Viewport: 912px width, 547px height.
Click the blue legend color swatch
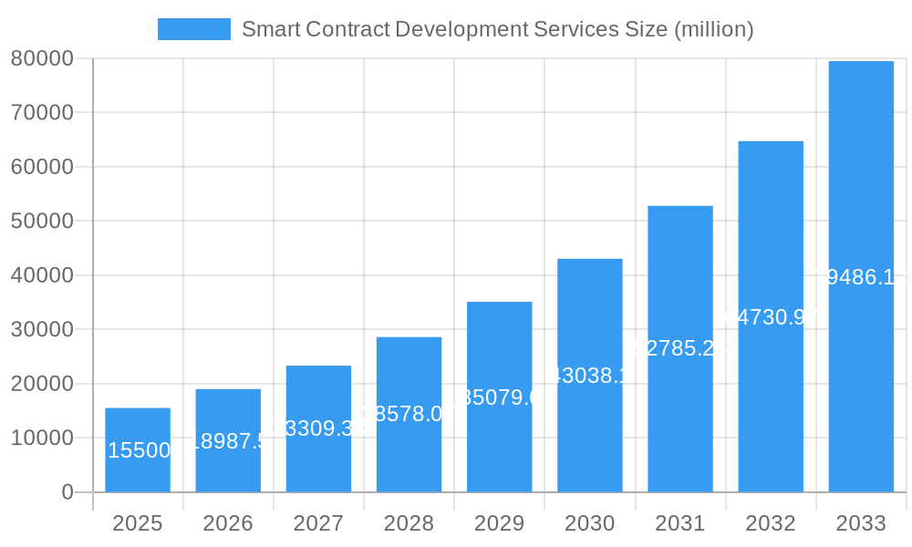pos(193,29)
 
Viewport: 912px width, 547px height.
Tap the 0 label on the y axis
pos(67,492)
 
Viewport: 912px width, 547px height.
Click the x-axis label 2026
pos(228,523)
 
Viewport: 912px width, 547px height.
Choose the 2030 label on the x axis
pos(589,523)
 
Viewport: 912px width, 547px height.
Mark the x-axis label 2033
pos(861,523)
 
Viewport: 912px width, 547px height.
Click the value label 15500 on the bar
pos(138,450)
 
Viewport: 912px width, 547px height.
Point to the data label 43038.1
pos(589,376)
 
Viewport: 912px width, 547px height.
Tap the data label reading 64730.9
pos(771,317)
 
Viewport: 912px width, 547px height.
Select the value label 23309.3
pos(318,428)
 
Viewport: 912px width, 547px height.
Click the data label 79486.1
pos(861,277)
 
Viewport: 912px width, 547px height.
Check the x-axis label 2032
pos(771,523)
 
